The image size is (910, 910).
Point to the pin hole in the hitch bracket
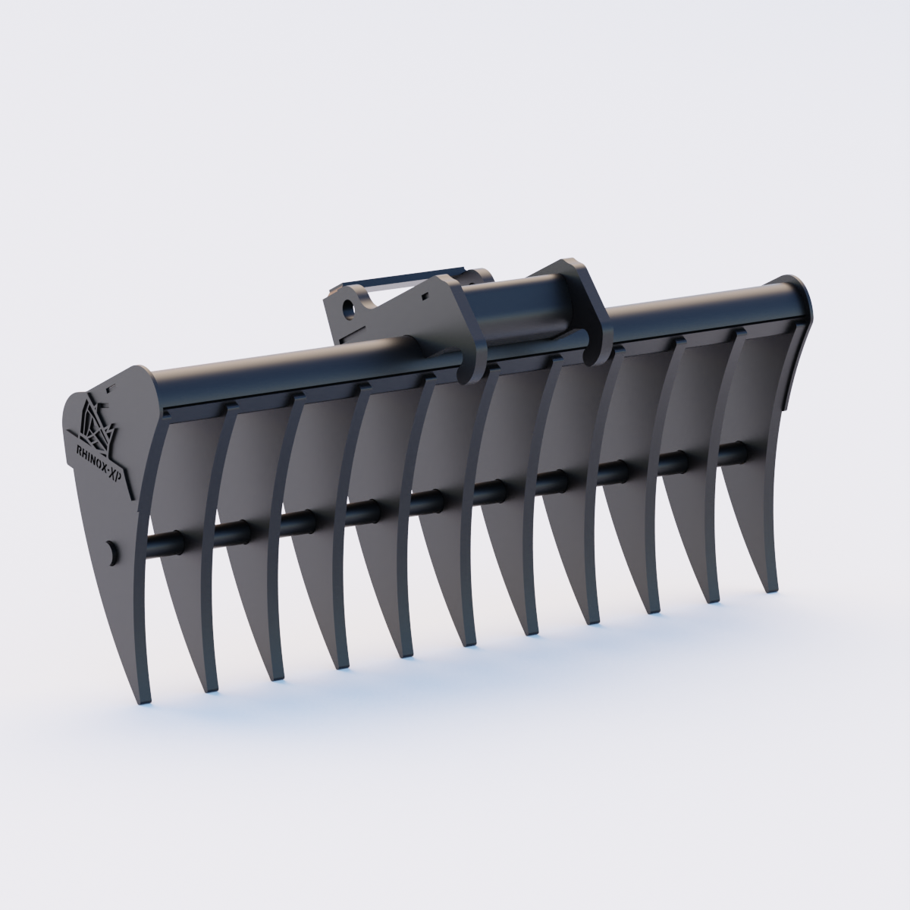(350, 308)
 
